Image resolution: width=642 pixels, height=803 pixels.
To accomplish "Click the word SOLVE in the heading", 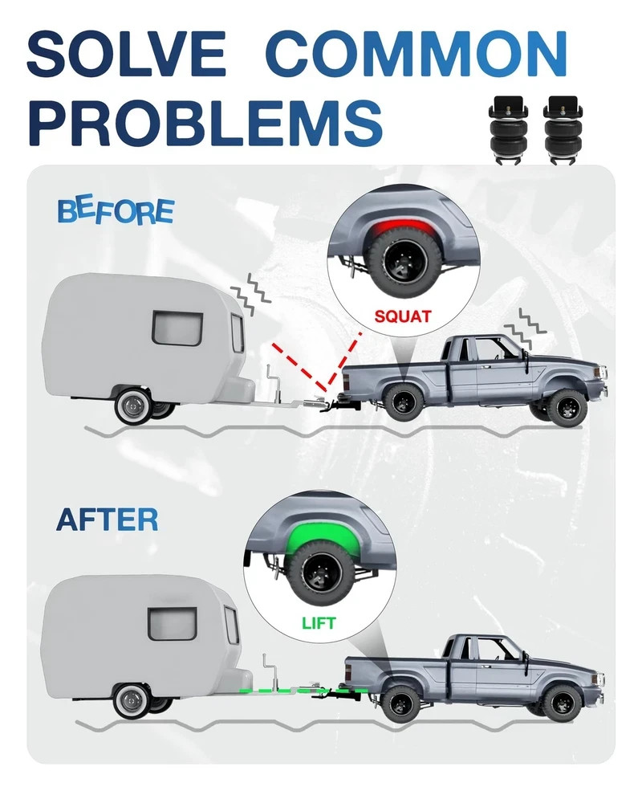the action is pos(126,54).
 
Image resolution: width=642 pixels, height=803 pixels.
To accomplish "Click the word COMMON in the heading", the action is pos(416,54).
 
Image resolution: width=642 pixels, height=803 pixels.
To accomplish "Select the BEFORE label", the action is pos(116,212).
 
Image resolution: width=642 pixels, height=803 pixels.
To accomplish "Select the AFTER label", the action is pos(107,520).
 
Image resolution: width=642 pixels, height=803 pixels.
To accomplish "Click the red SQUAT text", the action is pos(403,316).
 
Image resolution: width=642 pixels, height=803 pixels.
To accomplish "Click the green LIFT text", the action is pos(319,623).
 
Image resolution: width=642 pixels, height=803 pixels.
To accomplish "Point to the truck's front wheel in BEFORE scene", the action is pos(567,408).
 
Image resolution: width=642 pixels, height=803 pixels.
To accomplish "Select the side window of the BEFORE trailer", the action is pos(177,328).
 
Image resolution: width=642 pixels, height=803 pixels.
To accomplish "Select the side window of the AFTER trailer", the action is pos(173,624).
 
